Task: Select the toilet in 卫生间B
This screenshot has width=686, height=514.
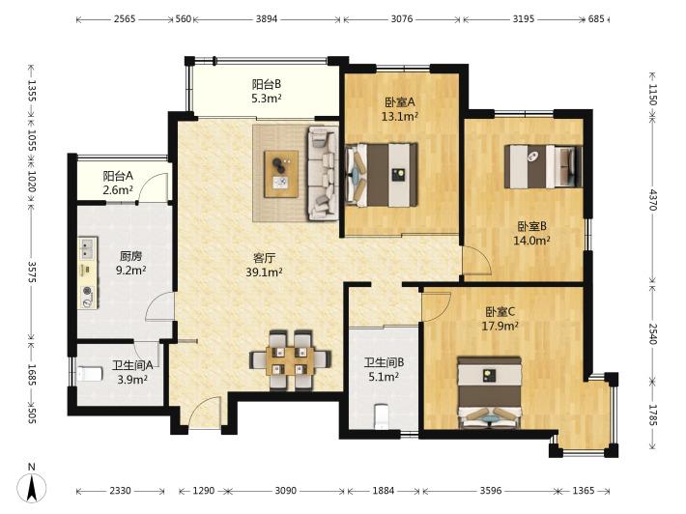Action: pyautogui.click(x=382, y=416)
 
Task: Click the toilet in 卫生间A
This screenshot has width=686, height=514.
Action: pyautogui.click(x=90, y=374)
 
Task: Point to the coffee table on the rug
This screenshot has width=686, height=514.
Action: pyautogui.click(x=281, y=174)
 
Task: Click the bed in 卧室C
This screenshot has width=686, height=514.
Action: pyautogui.click(x=490, y=392)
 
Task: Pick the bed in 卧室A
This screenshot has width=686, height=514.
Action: pyautogui.click(x=381, y=175)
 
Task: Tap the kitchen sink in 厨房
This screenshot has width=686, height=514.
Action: pyautogui.click(x=88, y=249)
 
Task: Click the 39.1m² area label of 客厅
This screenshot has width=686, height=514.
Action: pyautogui.click(x=264, y=272)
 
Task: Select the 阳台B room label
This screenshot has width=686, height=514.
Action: pyautogui.click(x=267, y=84)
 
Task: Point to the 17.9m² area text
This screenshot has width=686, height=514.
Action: pyautogui.click(x=500, y=326)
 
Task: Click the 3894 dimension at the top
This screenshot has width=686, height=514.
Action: pyautogui.click(x=267, y=18)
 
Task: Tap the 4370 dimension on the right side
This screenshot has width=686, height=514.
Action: pyautogui.click(x=653, y=199)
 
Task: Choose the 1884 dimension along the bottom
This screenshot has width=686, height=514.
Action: pyautogui.click(x=384, y=491)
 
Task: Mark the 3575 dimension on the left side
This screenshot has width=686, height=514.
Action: pyautogui.click(x=32, y=271)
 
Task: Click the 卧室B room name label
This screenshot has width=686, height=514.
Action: pyautogui.click(x=532, y=226)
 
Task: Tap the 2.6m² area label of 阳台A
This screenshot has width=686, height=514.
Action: pyautogui.click(x=118, y=190)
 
